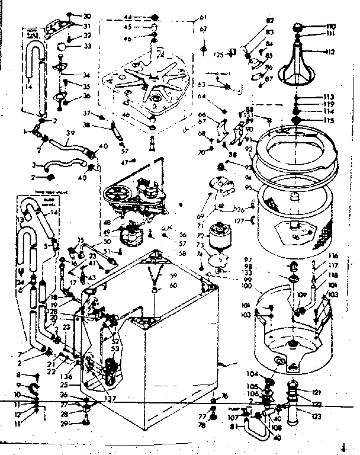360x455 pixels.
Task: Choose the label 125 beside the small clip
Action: click(218, 55)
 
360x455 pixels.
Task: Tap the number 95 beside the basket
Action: click(247, 188)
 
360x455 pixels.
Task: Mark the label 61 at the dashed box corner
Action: click(202, 17)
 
